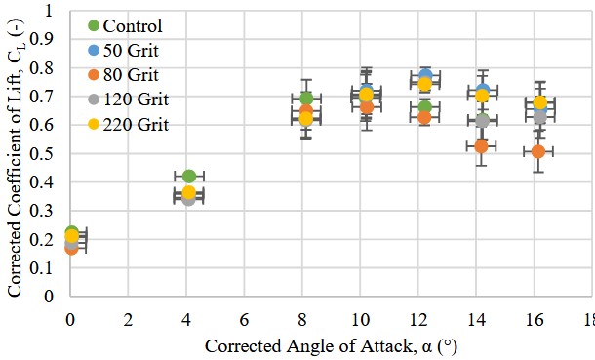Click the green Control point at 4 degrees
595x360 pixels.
pyautogui.click(x=189, y=177)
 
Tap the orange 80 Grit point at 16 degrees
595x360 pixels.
pyautogui.click(x=538, y=152)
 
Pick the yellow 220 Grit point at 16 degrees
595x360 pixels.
pyautogui.click(x=540, y=103)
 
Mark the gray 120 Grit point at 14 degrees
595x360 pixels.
pyautogui.click(x=482, y=120)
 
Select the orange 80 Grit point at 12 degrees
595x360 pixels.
pyautogui.click(x=424, y=117)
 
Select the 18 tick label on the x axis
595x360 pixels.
pyautogui.click(x=587, y=319)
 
